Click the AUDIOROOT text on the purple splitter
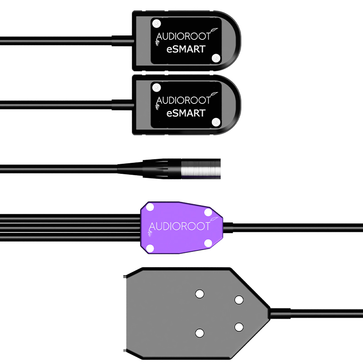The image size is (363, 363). [x=180, y=226]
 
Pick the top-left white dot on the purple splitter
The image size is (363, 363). [x=151, y=208]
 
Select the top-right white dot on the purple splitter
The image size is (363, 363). [x=208, y=212]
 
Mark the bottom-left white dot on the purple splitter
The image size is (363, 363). [x=151, y=248]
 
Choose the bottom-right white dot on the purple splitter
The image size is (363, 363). [x=208, y=242]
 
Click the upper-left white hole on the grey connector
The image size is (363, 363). [x=199, y=294]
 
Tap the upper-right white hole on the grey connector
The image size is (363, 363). [x=239, y=299]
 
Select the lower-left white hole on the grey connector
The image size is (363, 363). [x=199, y=333]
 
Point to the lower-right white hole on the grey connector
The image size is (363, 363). [x=239, y=326]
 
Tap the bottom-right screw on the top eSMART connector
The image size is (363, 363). [x=216, y=58]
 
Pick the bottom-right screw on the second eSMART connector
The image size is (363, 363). [x=216, y=122]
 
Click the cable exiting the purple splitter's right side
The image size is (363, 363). [x=295, y=226]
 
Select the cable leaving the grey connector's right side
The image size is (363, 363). [x=318, y=313]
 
